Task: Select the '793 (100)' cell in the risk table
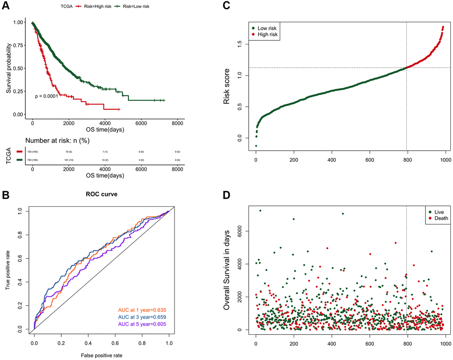(32, 158)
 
